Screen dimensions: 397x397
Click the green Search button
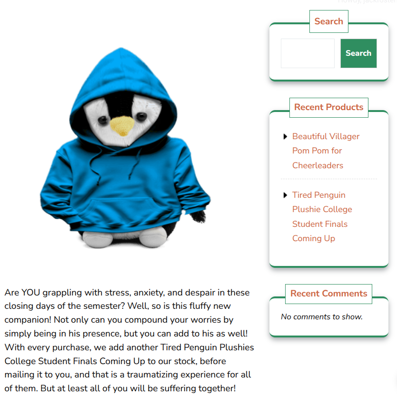click(x=358, y=53)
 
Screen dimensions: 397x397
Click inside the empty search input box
click(x=308, y=53)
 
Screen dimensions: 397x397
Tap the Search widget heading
click(x=328, y=21)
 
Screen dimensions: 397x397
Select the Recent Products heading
click(x=328, y=107)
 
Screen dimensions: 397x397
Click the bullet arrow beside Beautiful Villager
click(x=285, y=137)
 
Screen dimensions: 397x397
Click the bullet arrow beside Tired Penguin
click(x=285, y=195)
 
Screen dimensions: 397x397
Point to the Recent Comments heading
click(x=328, y=294)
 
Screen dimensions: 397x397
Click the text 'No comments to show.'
click(x=322, y=317)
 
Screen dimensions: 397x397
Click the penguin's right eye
click(x=140, y=116)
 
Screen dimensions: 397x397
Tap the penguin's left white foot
click(x=98, y=238)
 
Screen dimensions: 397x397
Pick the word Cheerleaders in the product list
click(x=318, y=165)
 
